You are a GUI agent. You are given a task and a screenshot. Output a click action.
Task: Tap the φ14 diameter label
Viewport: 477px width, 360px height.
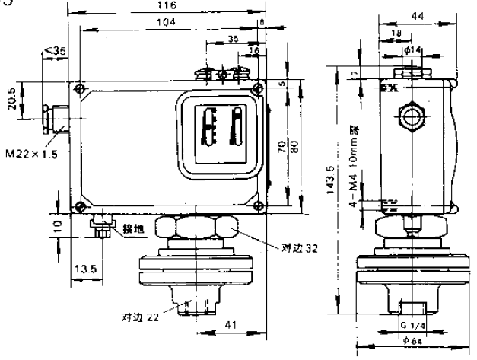(414, 50)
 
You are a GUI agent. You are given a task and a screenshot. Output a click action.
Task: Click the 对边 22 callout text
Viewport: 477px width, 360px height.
(136, 317)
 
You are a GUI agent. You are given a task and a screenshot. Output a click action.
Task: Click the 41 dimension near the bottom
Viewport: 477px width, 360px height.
(227, 324)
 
